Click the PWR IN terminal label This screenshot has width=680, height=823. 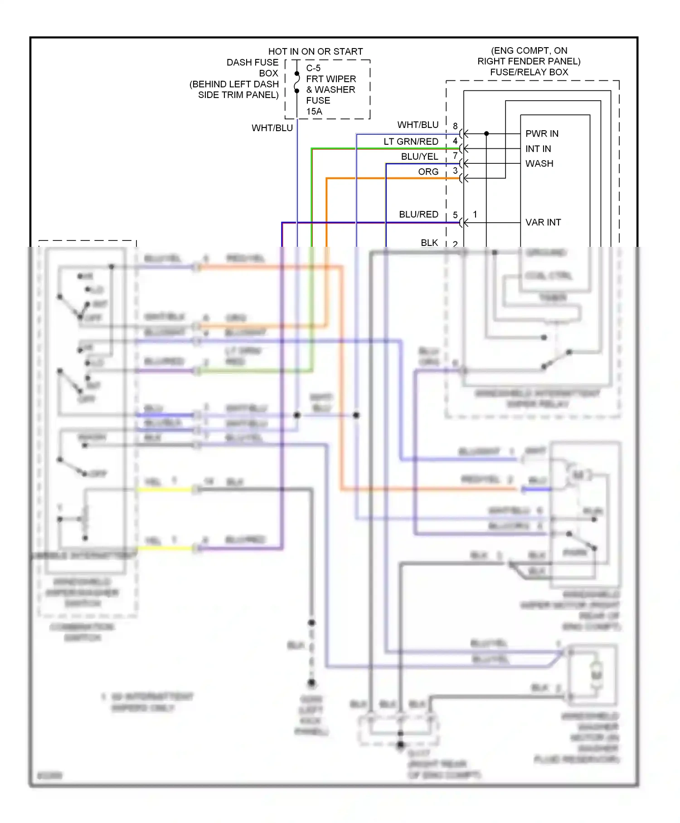[542, 134]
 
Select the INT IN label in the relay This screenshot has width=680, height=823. [538, 149]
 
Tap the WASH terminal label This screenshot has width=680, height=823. [539, 164]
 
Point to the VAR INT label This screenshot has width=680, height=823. [543, 222]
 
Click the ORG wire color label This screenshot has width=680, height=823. [428, 172]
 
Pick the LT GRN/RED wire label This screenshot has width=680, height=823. [411, 142]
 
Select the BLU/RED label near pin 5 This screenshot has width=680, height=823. [418, 214]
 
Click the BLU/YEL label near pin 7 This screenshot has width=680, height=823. [419, 157]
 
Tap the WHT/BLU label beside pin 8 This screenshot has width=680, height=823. [418, 125]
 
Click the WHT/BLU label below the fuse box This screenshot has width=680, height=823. [272, 128]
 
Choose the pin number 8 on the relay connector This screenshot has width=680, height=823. [455, 126]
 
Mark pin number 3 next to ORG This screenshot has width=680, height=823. [455, 171]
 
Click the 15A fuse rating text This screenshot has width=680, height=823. [314, 112]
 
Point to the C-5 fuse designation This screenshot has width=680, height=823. [313, 68]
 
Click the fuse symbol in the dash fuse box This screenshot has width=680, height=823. [297, 82]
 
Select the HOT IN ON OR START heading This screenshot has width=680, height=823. [316, 52]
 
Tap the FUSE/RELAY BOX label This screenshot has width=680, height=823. [529, 72]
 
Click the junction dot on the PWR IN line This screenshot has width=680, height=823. [486, 134]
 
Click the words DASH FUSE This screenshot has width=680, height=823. [253, 63]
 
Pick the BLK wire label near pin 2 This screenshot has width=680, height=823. [429, 243]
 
